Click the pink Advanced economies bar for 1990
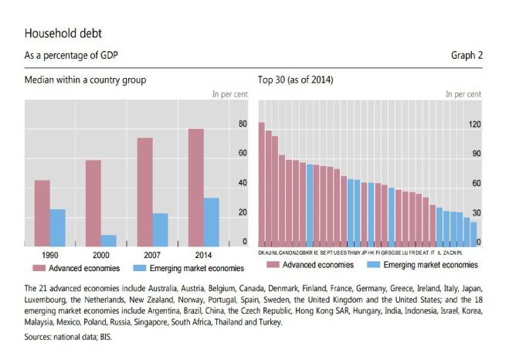click(x=42, y=212)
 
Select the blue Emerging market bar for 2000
click(x=109, y=240)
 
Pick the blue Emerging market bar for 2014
click(x=211, y=222)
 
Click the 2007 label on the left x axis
click(x=151, y=253)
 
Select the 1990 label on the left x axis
click(x=49, y=253)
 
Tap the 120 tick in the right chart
click(x=475, y=124)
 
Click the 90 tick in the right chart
click(x=477, y=154)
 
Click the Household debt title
click(x=63, y=34)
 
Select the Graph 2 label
click(x=467, y=55)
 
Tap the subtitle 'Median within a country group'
click(x=85, y=80)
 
